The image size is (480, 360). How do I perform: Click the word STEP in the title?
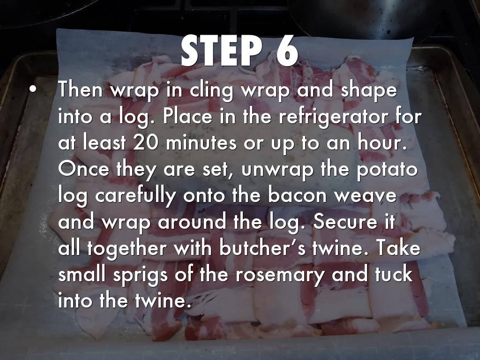click(221, 50)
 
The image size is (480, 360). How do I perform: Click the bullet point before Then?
click(33, 90)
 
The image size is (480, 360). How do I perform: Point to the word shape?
click(369, 90)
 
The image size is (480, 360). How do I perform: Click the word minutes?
click(201, 143)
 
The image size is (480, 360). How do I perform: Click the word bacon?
click(297, 196)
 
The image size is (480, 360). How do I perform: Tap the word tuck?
click(394, 274)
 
